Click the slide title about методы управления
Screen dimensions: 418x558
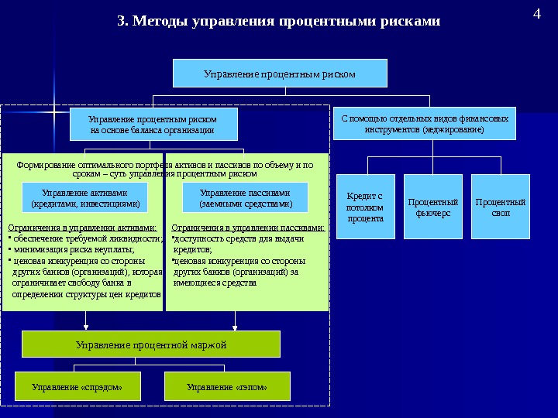pyautogui.click(x=278, y=21)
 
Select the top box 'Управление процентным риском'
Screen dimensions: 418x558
pyautogui.click(x=279, y=74)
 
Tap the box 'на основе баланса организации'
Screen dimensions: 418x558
pyautogui.click(x=153, y=125)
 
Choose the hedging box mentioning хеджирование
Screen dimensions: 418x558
pyautogui.click(x=424, y=124)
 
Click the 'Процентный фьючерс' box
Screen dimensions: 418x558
pyautogui.click(x=432, y=207)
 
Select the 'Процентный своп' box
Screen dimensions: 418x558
pyautogui.click(x=501, y=207)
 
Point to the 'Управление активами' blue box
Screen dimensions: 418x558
pyautogui.click(x=85, y=198)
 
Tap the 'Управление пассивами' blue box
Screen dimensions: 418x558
pyautogui.click(x=245, y=198)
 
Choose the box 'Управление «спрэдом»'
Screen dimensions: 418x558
pyautogui.click(x=77, y=385)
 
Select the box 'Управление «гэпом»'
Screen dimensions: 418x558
pyautogui.click(x=227, y=385)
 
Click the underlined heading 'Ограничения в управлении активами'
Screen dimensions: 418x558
pyautogui.click(x=82, y=228)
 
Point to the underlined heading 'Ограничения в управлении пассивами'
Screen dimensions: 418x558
pyautogui.click(x=247, y=228)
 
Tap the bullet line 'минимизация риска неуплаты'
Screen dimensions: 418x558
pyautogui.click(x=74, y=250)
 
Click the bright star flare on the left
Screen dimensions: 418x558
pyautogui.click(x=55, y=112)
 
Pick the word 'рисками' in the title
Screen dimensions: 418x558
pyautogui.click(x=411, y=21)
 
